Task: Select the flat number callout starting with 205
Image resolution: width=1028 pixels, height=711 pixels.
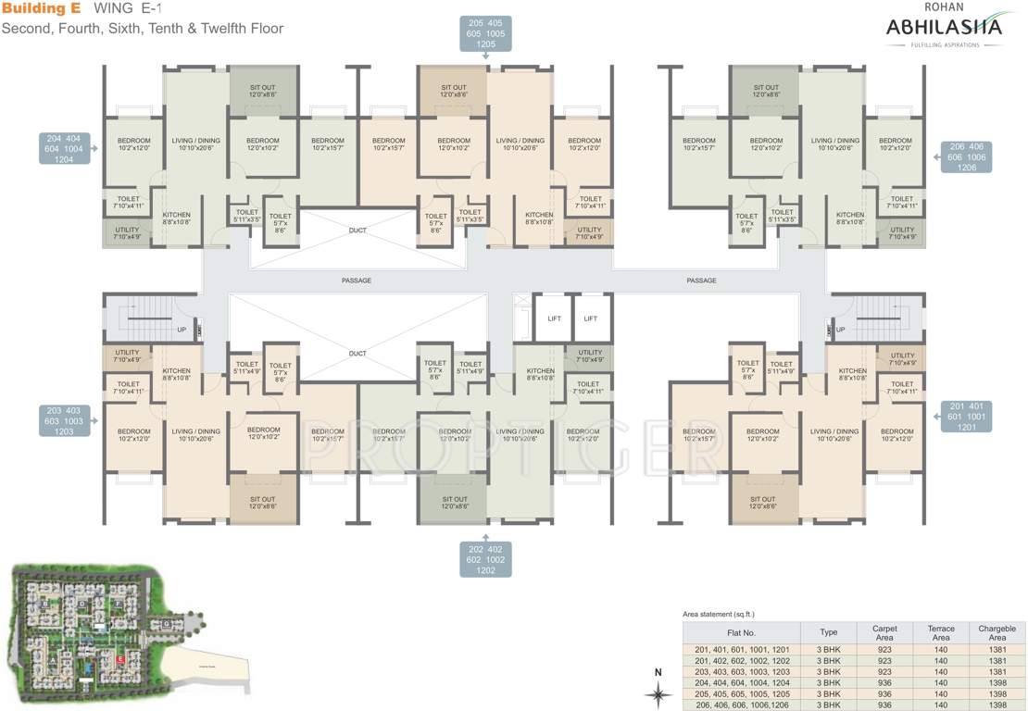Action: tap(486, 32)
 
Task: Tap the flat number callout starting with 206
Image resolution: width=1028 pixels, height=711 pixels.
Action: tap(967, 157)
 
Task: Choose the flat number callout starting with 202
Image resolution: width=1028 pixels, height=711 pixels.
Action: tap(486, 559)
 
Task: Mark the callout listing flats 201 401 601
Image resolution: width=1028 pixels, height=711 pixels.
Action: tap(967, 416)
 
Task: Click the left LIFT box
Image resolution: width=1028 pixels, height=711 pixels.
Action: tap(554, 318)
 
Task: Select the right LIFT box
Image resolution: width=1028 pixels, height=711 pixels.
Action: tap(591, 318)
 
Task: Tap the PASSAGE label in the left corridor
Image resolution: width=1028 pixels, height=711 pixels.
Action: tap(356, 281)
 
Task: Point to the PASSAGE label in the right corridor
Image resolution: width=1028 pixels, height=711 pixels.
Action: tap(702, 281)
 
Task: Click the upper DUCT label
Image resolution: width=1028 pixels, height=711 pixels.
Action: tap(357, 231)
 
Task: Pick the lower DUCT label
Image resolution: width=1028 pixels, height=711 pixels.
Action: tap(357, 354)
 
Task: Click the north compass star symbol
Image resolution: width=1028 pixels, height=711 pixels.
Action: tap(658, 692)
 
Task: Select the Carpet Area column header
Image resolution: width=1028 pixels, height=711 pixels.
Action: tap(884, 633)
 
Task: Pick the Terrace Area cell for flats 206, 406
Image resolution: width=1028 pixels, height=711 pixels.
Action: tap(941, 705)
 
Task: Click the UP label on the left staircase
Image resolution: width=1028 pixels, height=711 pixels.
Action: tap(181, 330)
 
